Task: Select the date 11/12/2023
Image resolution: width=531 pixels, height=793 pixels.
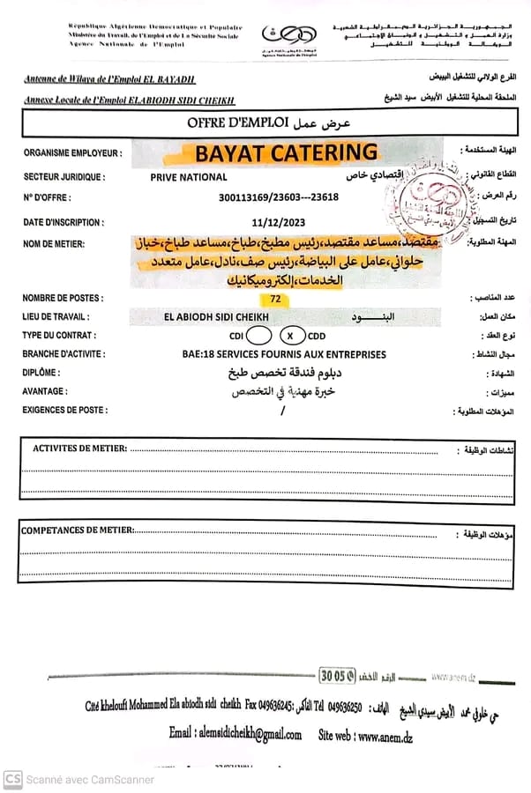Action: click(276, 223)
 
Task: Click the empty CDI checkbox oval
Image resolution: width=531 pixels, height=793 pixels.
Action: click(259, 335)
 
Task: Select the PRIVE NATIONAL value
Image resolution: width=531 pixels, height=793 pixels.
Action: click(189, 176)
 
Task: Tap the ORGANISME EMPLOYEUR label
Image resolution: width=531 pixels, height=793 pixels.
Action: click(73, 153)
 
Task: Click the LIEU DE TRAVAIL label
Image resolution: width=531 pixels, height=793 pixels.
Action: click(58, 316)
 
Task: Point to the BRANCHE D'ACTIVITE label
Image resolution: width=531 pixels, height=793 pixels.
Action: click(64, 354)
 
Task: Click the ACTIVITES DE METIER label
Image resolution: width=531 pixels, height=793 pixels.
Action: click(79, 448)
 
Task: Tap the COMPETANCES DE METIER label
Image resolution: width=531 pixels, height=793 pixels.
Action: click(78, 530)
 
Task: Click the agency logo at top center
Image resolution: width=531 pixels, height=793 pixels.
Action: click(287, 35)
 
